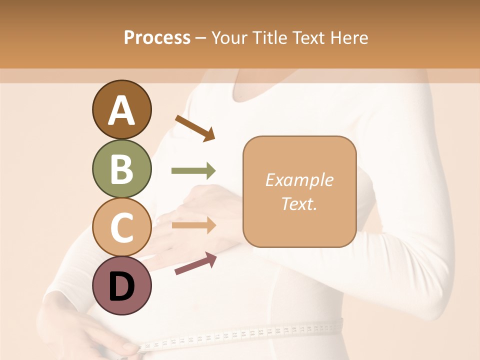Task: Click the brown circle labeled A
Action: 121,109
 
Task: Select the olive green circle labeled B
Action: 121,168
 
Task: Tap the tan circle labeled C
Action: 121,227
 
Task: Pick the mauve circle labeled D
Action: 121,285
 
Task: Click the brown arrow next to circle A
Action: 195,128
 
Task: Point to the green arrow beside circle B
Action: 193,171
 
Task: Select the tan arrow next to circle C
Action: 193,225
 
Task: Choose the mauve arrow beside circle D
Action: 195,263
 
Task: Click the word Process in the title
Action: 157,37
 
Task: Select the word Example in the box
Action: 299,180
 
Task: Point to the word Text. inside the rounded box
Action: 299,204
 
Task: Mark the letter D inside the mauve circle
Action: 121,287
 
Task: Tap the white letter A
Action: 121,110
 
